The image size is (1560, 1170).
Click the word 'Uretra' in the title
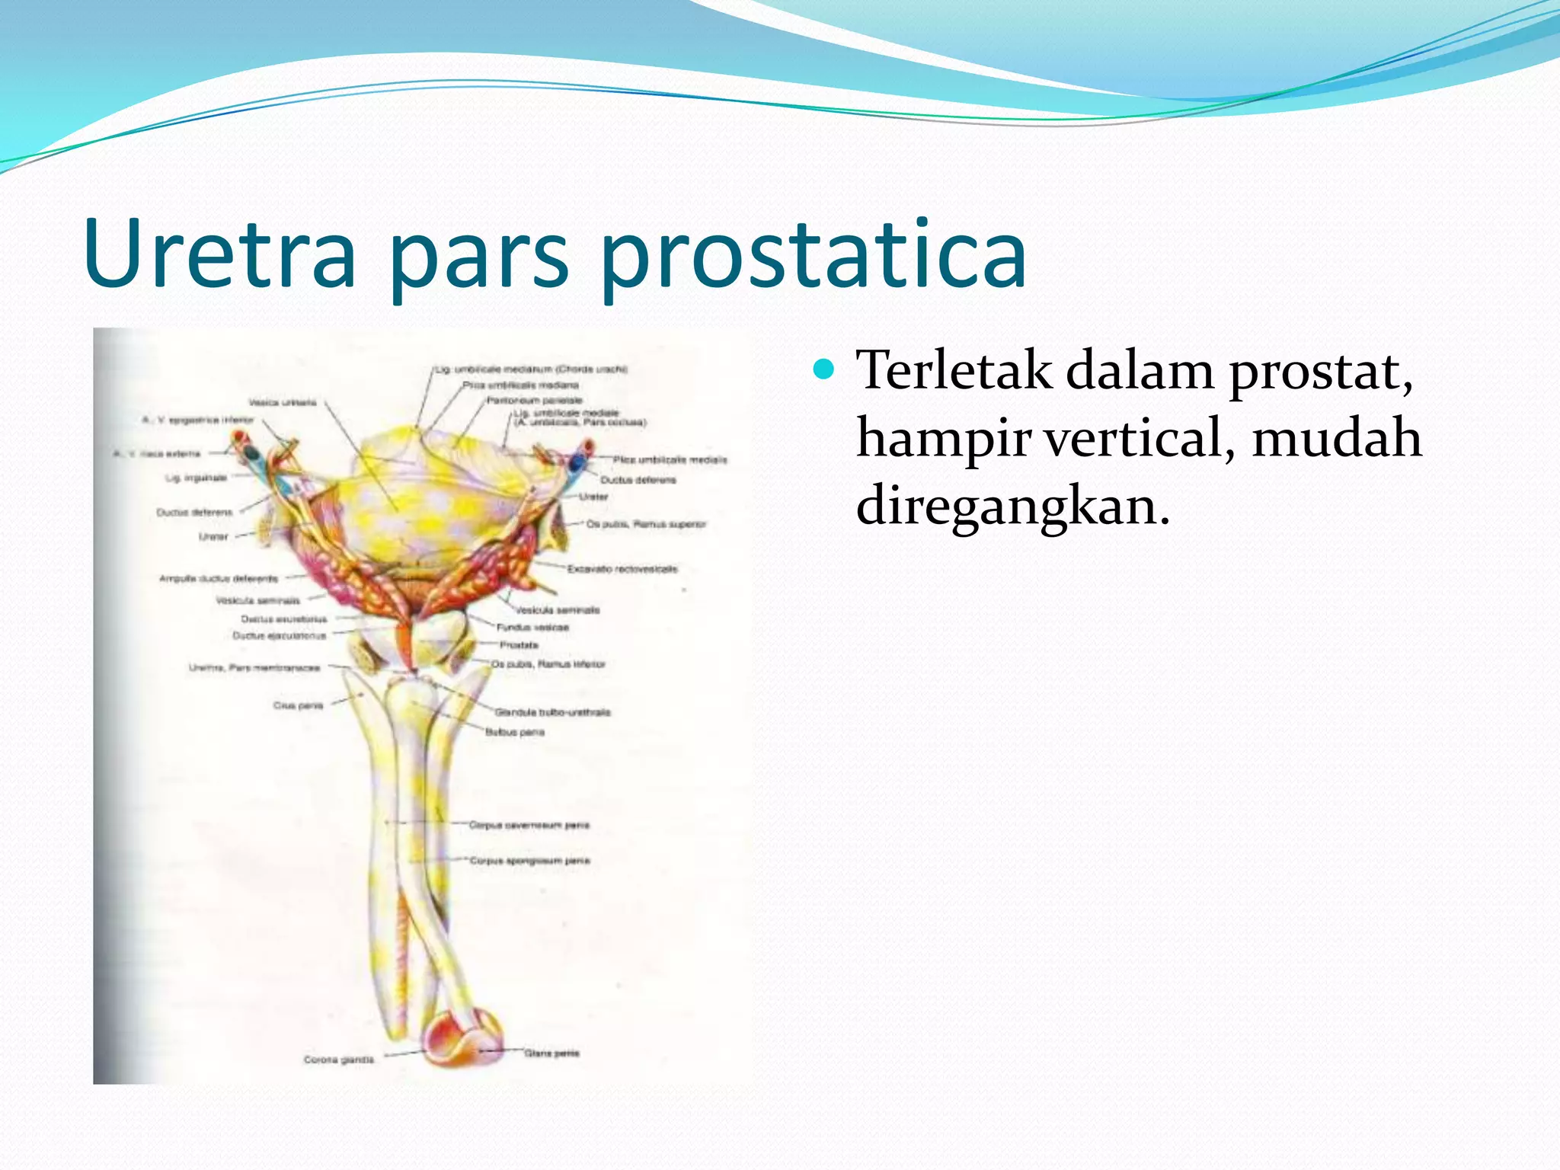point(221,253)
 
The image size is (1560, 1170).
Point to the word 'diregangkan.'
point(1012,506)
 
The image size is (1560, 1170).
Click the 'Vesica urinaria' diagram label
point(283,402)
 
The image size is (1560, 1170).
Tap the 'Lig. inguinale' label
point(197,478)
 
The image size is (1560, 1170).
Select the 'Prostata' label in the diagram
point(519,645)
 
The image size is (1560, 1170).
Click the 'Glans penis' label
point(551,1053)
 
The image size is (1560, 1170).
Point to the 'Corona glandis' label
point(339,1060)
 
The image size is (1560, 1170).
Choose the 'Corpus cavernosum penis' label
point(529,825)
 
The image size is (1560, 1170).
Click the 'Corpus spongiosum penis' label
point(529,861)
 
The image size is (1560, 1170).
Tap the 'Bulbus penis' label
point(515,732)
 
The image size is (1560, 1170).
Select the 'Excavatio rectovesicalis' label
point(622,569)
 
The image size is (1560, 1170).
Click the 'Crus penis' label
point(299,705)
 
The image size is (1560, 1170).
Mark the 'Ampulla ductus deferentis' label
point(219,579)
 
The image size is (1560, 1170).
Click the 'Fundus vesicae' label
point(532,628)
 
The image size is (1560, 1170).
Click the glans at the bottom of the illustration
point(462,1037)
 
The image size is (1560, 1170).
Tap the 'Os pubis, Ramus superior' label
point(646,524)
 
